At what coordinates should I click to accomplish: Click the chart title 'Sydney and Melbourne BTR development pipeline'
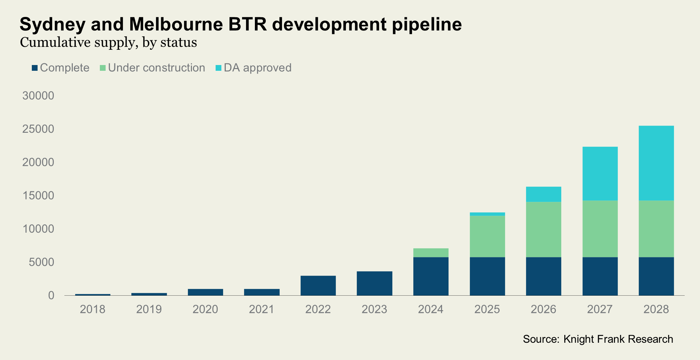click(240, 24)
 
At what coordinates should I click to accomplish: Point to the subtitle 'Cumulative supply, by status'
click(108, 43)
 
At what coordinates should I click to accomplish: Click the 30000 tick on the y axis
click(38, 96)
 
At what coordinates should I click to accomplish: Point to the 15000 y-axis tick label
click(38, 196)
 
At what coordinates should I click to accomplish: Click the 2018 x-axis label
click(92, 309)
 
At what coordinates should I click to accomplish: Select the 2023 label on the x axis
click(374, 309)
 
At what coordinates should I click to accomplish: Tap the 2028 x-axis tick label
click(656, 309)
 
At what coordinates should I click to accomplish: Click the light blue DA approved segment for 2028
click(656, 163)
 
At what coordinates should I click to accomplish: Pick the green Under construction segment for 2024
click(431, 253)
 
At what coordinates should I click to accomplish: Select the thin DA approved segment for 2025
click(487, 214)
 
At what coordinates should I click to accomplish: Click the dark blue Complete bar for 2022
click(318, 285)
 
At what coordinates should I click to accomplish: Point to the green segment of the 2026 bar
click(543, 229)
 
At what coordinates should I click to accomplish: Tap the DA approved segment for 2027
click(600, 173)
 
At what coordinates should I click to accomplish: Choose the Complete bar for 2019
click(149, 294)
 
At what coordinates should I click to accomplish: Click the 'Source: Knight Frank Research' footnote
click(598, 339)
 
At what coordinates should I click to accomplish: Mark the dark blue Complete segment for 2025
click(487, 276)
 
